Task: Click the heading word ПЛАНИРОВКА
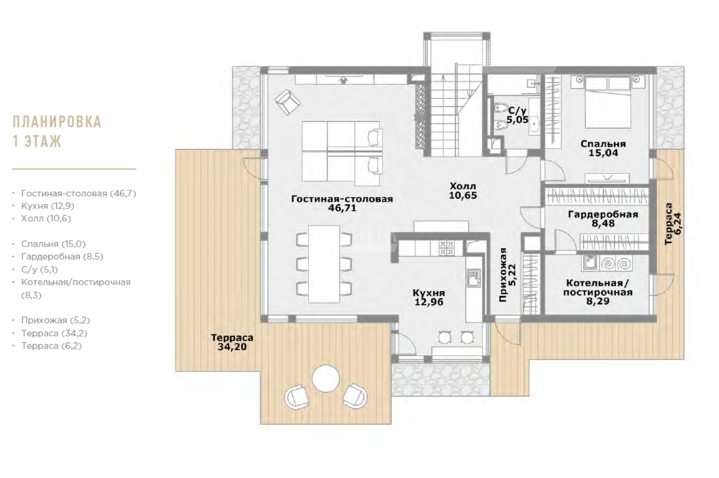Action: (57, 122)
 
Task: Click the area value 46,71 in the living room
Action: (342, 208)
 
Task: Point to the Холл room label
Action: (462, 186)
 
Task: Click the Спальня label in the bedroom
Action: (603, 144)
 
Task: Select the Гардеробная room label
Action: (603, 214)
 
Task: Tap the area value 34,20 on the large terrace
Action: (232, 347)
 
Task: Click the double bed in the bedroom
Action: (608, 102)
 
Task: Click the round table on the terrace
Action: (326, 379)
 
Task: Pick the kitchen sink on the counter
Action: (473, 278)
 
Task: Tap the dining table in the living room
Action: (324, 264)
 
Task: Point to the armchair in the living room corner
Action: (288, 102)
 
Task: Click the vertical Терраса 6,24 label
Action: (672, 224)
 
